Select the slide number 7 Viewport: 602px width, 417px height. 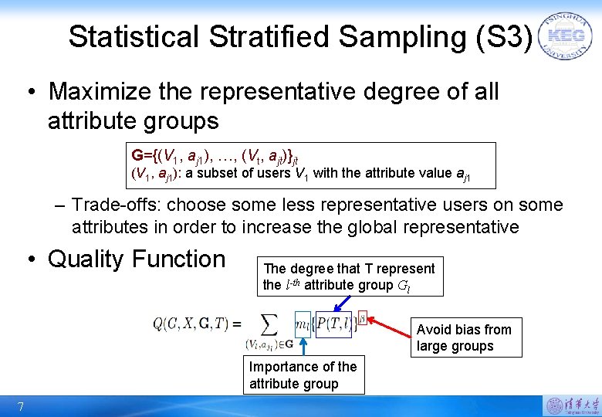21,407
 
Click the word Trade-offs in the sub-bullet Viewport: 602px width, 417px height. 117,205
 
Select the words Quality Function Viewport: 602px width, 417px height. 136,259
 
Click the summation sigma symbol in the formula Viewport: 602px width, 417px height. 269,324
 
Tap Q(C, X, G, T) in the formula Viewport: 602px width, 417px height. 192,324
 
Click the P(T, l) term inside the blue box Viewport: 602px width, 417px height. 333,324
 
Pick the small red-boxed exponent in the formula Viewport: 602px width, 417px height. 362,317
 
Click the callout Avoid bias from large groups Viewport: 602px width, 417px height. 465,337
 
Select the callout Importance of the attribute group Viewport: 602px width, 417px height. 303,375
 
